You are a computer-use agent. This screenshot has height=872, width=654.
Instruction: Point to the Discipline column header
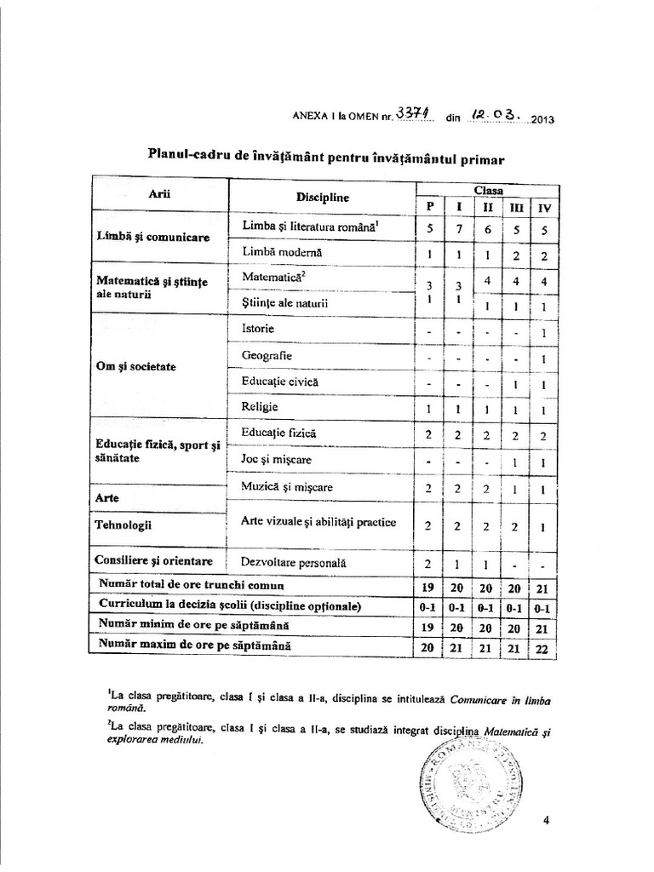pyautogui.click(x=324, y=198)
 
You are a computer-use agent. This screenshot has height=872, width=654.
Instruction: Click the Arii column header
pyautogui.click(x=159, y=194)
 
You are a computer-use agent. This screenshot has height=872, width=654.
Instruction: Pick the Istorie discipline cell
pyautogui.click(x=258, y=328)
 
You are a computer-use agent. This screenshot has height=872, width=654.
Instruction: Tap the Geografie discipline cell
pyautogui.click(x=267, y=355)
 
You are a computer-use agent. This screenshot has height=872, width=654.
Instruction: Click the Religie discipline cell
pyautogui.click(x=261, y=407)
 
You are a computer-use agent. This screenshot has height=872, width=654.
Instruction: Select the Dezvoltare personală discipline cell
pyautogui.click(x=294, y=563)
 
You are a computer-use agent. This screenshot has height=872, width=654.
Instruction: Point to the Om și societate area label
pyautogui.click(x=136, y=367)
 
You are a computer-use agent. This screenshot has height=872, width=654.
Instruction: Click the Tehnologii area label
pyautogui.click(x=125, y=525)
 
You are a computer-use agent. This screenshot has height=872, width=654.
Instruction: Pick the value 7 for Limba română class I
pyautogui.click(x=458, y=229)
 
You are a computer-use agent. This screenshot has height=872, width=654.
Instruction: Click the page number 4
pyautogui.click(x=546, y=820)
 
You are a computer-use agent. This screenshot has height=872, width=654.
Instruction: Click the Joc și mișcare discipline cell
pyautogui.click(x=277, y=460)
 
